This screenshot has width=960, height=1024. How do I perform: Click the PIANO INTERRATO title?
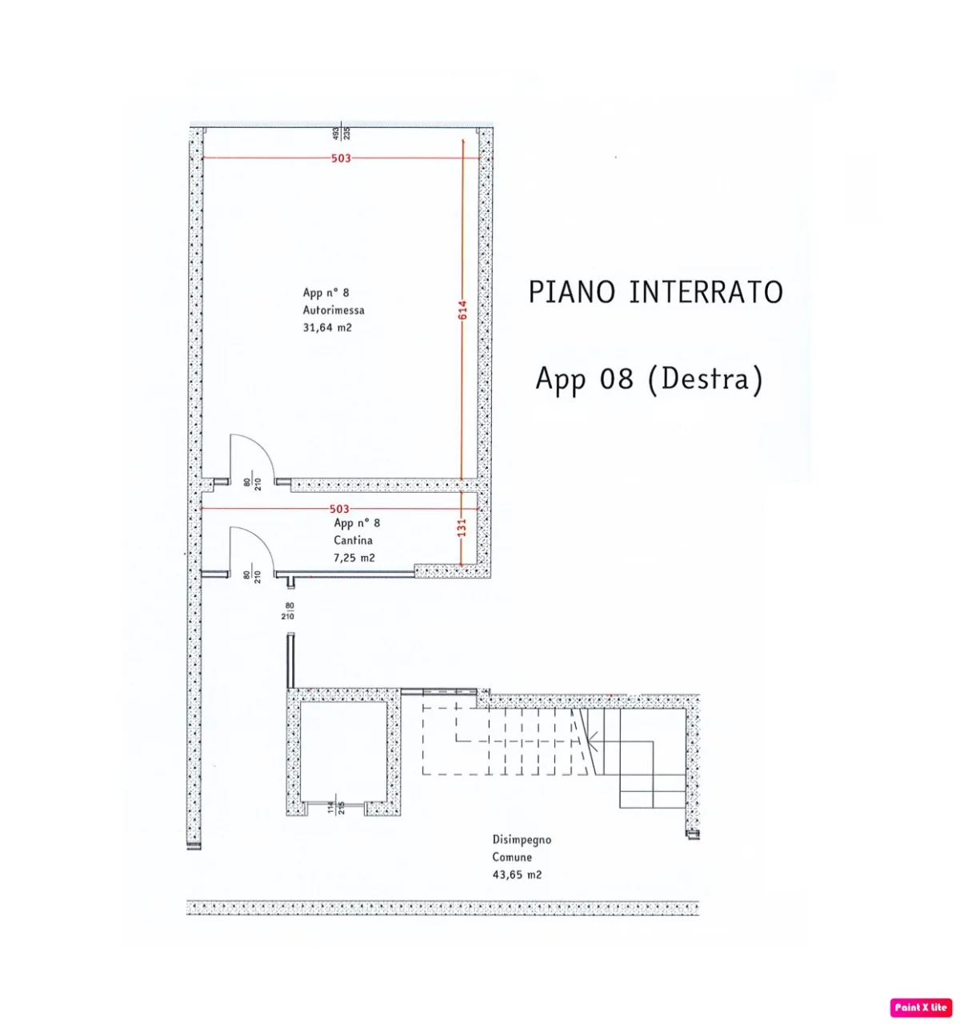656,292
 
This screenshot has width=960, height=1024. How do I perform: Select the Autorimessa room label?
334,310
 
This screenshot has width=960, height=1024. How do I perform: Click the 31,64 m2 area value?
327,328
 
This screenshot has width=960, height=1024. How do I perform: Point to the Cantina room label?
353,540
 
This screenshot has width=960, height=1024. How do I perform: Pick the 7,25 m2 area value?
354,558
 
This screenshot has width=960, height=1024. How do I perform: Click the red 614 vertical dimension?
462,310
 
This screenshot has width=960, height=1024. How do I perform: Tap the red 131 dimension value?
462,527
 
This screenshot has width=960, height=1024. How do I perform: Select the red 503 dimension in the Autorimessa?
341,158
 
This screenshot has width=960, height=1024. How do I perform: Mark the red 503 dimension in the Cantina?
339,509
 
